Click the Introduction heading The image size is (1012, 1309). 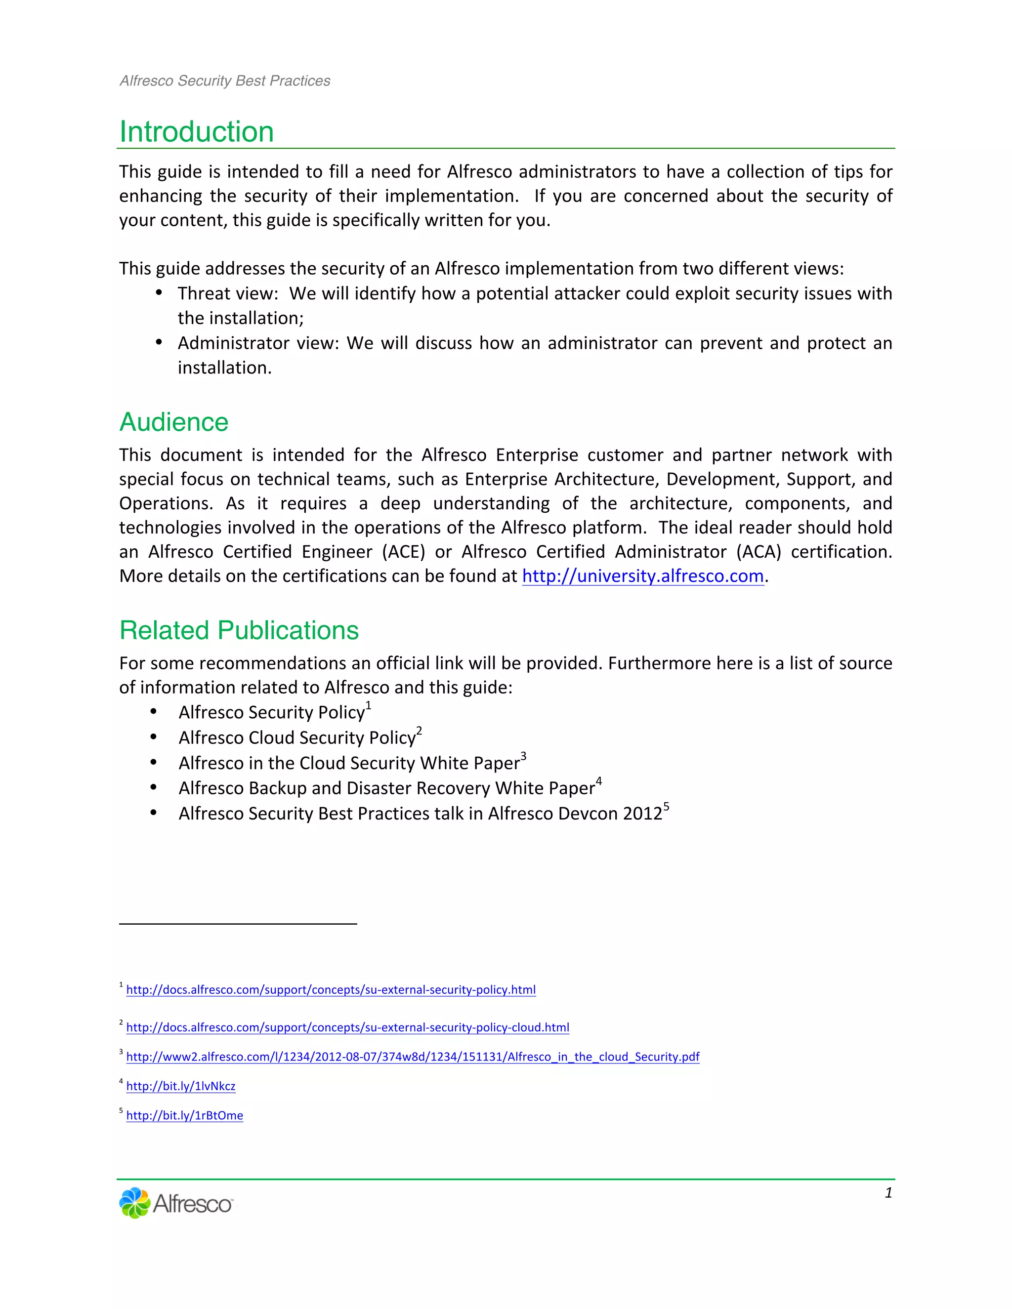pos(197,132)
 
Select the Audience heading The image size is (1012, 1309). pos(174,422)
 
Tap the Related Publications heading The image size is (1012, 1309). pos(239,630)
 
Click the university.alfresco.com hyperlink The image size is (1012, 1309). pos(643,576)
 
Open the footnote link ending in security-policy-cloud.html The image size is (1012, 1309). pos(348,1027)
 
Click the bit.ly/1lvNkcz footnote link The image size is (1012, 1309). pos(180,1086)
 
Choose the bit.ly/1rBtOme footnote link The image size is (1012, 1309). pos(185,1115)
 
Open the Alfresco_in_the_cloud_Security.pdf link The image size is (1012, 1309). pos(413,1057)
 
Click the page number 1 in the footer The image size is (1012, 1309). pos(888,1193)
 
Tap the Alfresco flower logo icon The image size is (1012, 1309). pos(134,1203)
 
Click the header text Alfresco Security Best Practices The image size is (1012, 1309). pos(225,81)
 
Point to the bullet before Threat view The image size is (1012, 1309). pos(159,293)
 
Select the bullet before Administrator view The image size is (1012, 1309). pos(159,343)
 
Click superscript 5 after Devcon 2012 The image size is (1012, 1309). pos(666,807)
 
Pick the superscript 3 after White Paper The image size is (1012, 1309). pos(523,756)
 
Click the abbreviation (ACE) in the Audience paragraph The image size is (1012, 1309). pos(404,552)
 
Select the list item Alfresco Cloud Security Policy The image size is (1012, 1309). pos(297,738)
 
